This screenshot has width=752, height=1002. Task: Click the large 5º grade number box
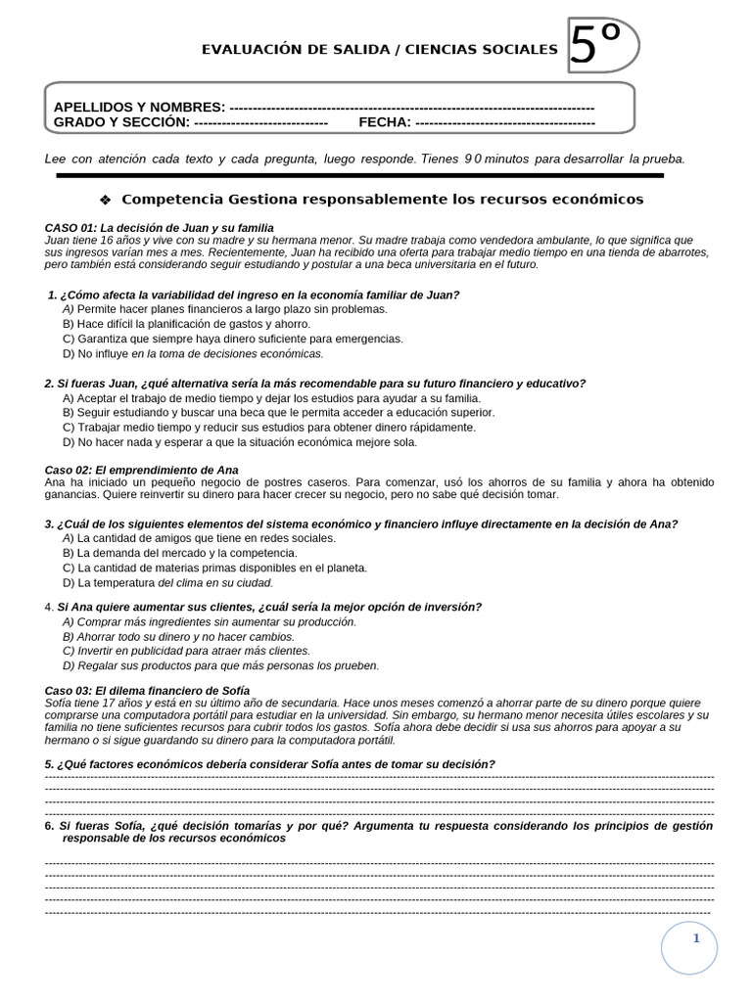pyautogui.click(x=601, y=46)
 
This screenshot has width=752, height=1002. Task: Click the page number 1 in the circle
pyautogui.click(x=696, y=939)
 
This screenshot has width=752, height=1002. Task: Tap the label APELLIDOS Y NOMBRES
pyautogui.click(x=139, y=107)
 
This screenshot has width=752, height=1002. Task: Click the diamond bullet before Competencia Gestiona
pyautogui.click(x=106, y=200)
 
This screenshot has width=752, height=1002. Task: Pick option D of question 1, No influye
pyautogui.click(x=192, y=353)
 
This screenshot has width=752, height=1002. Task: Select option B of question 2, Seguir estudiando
pyautogui.click(x=278, y=413)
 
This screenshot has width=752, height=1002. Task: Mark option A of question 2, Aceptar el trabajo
pyautogui.click(x=270, y=398)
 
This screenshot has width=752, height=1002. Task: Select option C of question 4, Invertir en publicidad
pyautogui.click(x=185, y=651)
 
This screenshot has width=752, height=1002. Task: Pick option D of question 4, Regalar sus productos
pyautogui.click(x=219, y=665)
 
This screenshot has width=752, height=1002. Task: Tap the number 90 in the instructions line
pyautogui.click(x=473, y=159)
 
